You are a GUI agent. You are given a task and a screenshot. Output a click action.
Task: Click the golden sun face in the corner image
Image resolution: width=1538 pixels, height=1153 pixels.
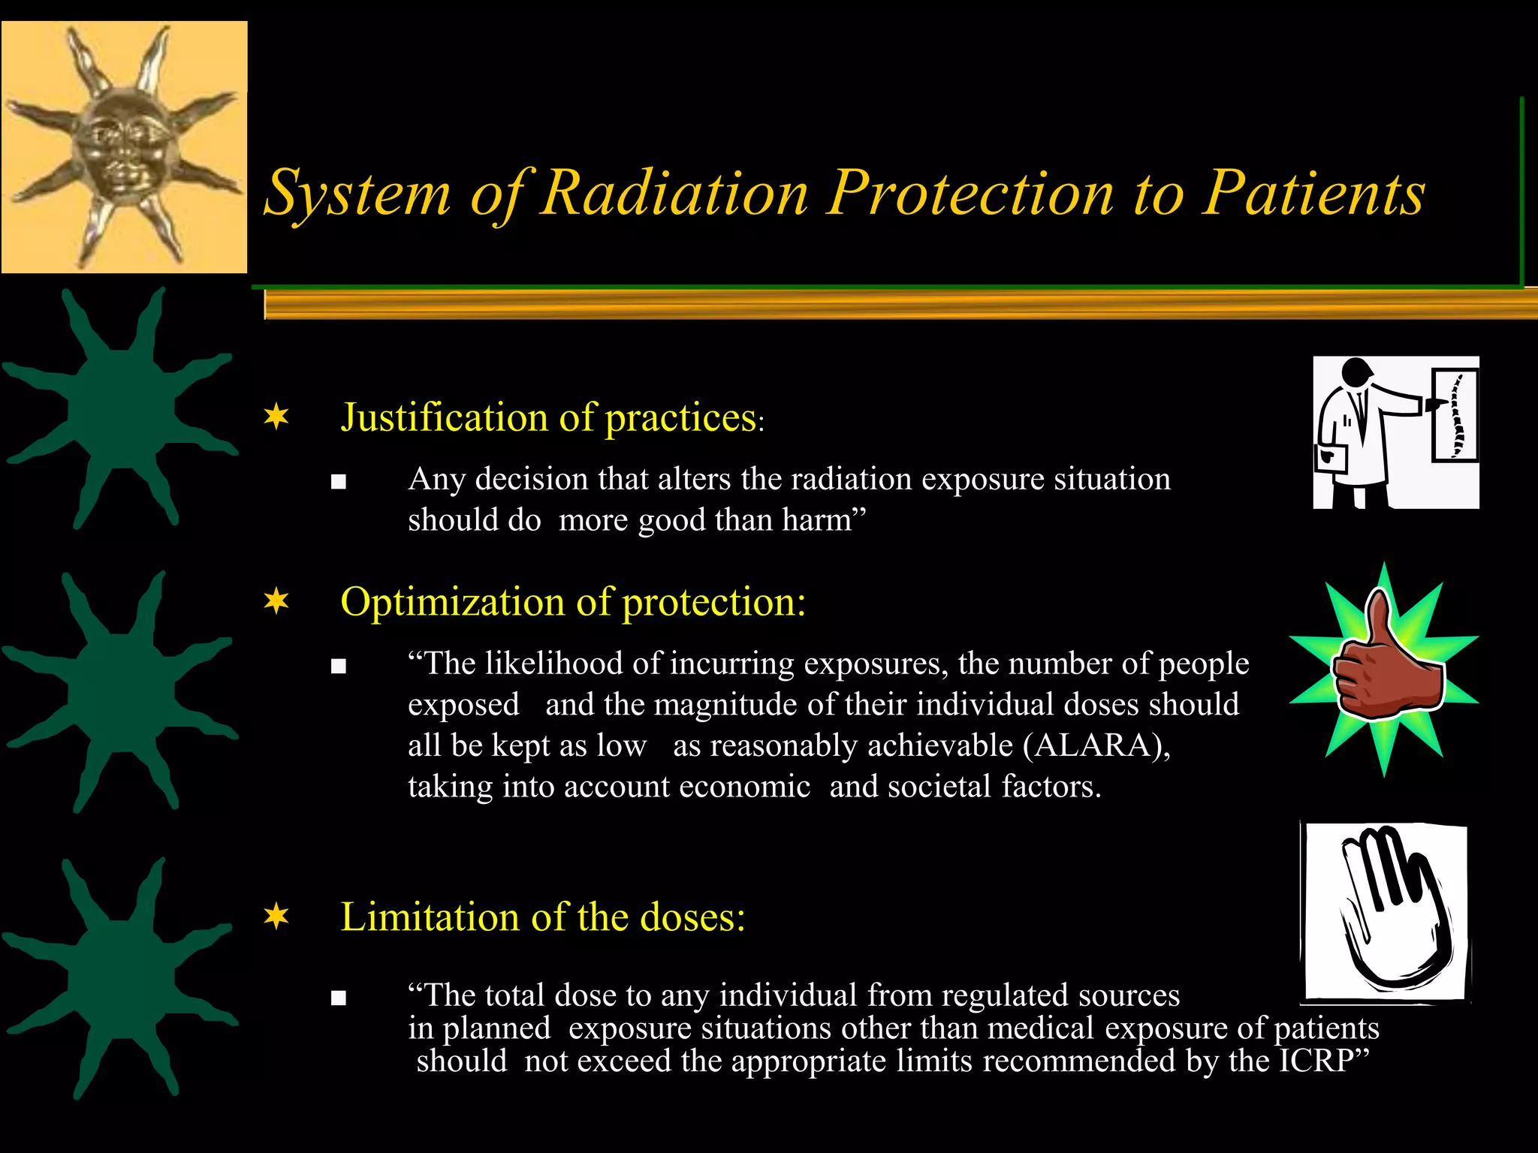pyautogui.click(x=124, y=146)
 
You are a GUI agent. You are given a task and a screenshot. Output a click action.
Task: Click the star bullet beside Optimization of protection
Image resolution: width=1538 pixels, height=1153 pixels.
pyautogui.click(x=276, y=601)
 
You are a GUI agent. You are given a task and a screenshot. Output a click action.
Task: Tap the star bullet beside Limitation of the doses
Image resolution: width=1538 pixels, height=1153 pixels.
pyautogui.click(x=276, y=917)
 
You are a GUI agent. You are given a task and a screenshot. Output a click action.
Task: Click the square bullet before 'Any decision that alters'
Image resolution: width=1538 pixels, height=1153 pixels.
pyautogui.click(x=339, y=482)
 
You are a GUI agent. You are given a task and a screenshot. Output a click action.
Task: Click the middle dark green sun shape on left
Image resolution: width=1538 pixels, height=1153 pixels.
pyautogui.click(x=120, y=691)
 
